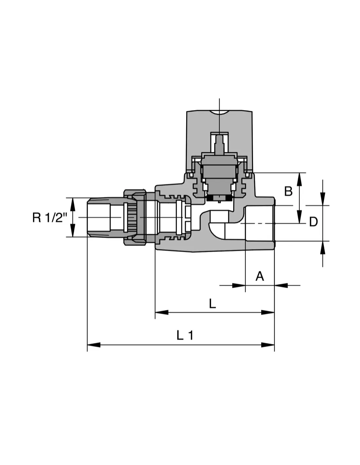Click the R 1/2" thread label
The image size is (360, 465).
(x=50, y=217)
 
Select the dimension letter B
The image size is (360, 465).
(x=288, y=191)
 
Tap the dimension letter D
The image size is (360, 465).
(x=313, y=222)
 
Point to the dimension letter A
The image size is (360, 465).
(x=260, y=276)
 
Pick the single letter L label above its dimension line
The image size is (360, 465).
(x=212, y=303)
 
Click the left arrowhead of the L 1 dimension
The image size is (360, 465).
(x=94, y=345)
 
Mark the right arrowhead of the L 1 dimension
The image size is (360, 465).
(x=268, y=345)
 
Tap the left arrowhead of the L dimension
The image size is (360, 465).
(x=162, y=312)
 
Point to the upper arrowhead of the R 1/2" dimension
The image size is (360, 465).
(x=73, y=204)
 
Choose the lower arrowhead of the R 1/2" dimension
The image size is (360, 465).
(x=73, y=230)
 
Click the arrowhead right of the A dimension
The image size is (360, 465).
(x=281, y=285)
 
